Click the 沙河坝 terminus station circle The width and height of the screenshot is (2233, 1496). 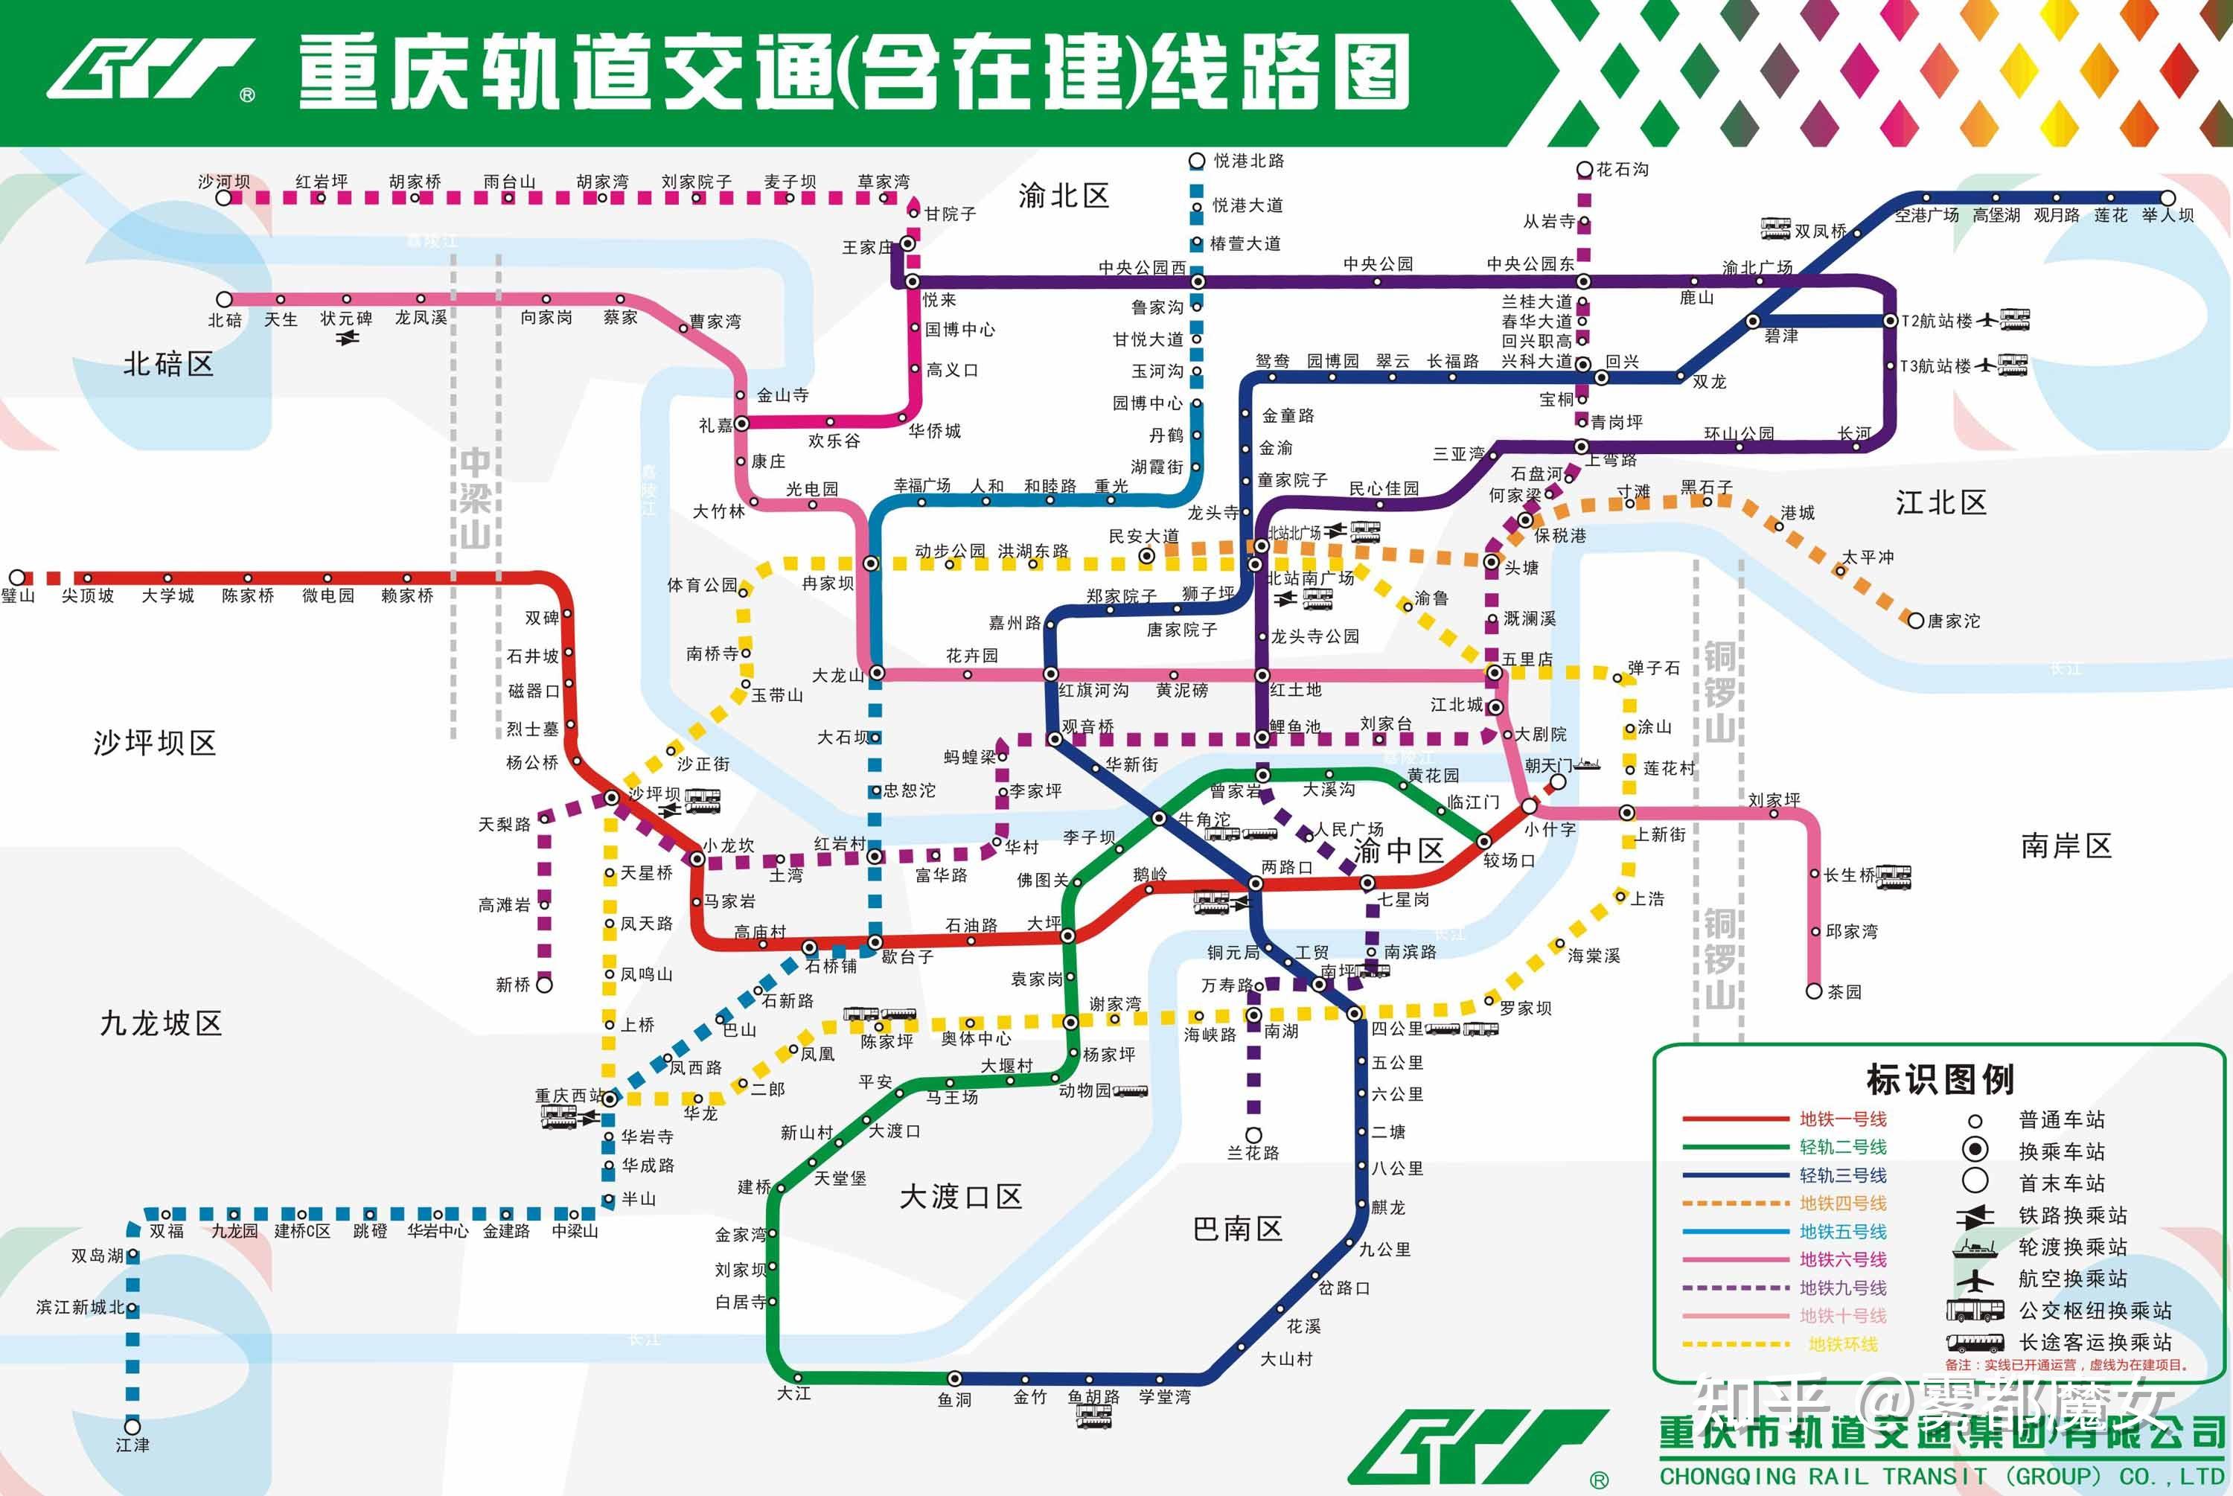point(223,197)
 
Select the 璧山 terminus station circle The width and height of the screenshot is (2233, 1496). point(17,578)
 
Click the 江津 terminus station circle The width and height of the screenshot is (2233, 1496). point(132,1426)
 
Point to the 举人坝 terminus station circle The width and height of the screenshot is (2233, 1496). point(2167,197)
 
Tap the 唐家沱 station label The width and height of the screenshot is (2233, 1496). point(1954,621)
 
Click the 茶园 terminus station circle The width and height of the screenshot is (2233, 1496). point(1814,991)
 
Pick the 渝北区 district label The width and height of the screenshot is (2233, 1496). point(1064,196)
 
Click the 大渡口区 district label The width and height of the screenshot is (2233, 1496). point(959,1196)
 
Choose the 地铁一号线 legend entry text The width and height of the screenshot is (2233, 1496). point(1843,1119)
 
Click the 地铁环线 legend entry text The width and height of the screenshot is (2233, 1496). point(1843,1344)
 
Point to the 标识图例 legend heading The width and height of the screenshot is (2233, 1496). point(1940,1079)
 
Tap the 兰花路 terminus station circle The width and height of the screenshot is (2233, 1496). point(1253,1134)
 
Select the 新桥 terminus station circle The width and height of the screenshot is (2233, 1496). point(543,984)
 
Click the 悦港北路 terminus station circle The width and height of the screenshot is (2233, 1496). point(1197,162)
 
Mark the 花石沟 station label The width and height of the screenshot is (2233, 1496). point(1623,170)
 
